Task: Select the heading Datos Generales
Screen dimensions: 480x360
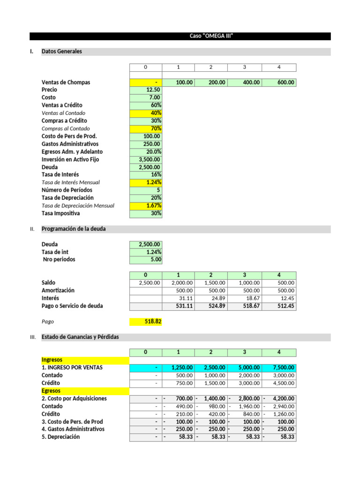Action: click(x=62, y=52)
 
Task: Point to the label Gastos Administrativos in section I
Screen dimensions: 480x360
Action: click(x=70, y=144)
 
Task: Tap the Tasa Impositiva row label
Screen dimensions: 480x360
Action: click(x=60, y=213)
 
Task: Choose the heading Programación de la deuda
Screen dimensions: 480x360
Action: click(x=74, y=229)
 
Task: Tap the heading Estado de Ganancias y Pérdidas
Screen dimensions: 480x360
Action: click(x=80, y=337)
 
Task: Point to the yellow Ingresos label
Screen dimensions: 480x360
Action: click(x=52, y=360)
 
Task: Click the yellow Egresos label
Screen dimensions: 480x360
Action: click(x=51, y=391)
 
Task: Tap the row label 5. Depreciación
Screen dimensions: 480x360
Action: click(x=60, y=437)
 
